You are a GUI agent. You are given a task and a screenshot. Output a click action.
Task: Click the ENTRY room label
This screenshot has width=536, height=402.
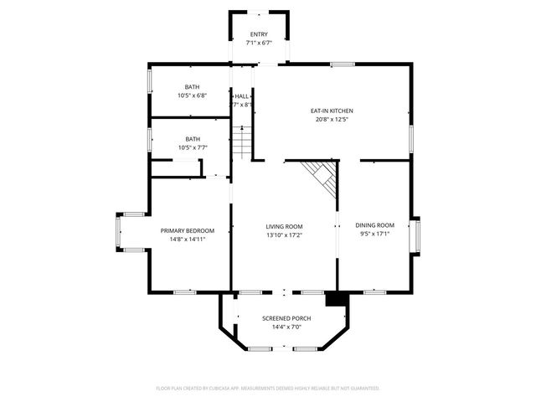coord(259,33)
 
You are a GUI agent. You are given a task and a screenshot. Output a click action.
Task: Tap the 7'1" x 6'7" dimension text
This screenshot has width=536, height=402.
coord(259,43)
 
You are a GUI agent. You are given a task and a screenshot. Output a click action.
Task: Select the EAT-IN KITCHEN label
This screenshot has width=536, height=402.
coord(332,111)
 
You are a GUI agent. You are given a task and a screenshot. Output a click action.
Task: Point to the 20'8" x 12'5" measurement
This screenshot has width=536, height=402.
coord(332,120)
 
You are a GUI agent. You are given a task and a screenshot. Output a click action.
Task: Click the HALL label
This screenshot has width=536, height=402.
coord(241,96)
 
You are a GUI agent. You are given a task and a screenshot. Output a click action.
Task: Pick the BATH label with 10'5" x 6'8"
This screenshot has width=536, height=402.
coord(193,87)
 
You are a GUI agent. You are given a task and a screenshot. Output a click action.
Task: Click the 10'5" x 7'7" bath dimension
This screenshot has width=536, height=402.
coord(193,147)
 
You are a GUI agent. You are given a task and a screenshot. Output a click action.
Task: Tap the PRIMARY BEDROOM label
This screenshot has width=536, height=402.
coord(188,230)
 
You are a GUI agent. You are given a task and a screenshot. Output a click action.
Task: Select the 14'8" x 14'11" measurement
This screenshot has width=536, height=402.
coord(188,240)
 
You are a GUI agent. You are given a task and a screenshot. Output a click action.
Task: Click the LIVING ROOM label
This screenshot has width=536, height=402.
coord(284,226)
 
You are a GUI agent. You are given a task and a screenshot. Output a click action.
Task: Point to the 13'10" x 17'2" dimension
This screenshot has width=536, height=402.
coord(284,235)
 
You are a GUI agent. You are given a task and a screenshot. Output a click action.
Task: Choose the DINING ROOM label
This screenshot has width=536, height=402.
coord(374,225)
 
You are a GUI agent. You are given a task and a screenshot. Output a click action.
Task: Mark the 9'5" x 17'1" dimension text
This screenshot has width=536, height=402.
coord(374,234)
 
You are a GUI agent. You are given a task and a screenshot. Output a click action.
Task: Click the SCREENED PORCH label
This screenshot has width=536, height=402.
coord(286,318)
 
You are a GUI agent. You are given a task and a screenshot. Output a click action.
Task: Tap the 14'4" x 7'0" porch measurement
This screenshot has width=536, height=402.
coord(286,327)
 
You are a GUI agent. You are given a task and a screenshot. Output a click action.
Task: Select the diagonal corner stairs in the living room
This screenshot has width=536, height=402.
coord(322,177)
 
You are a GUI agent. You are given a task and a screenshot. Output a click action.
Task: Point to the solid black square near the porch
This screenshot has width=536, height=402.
coord(336,298)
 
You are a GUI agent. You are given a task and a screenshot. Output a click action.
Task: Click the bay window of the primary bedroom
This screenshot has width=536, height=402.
coord(119,232)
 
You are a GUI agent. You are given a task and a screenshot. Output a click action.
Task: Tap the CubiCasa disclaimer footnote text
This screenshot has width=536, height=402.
coord(268,389)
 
